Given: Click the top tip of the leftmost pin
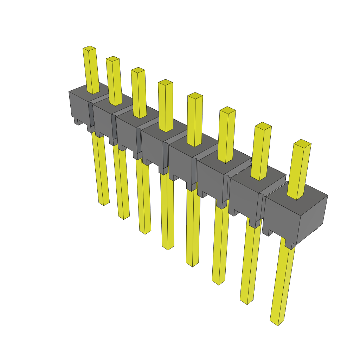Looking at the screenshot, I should point(89,48).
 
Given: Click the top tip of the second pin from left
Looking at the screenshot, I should point(112,58).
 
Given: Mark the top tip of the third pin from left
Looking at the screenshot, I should point(138,70).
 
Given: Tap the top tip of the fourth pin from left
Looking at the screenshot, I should point(165,82).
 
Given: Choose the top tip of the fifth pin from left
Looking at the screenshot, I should point(195,95).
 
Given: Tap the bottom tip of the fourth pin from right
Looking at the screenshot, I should point(192,264).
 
